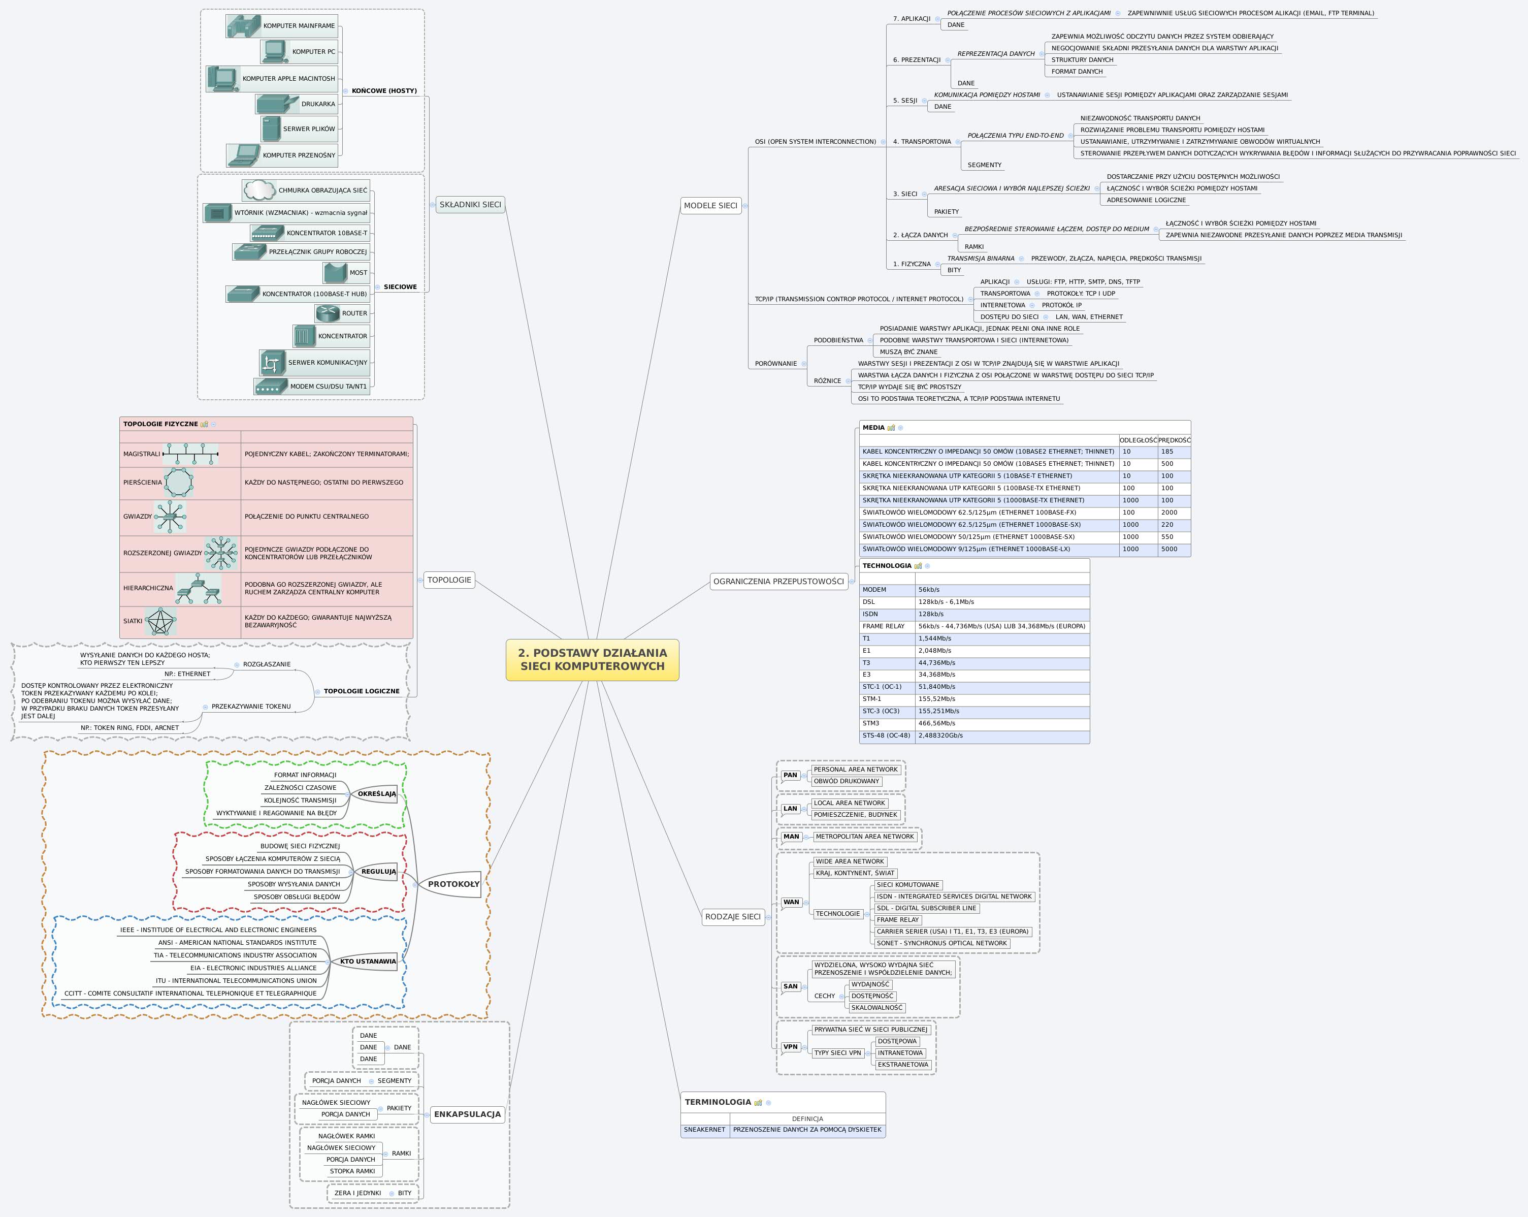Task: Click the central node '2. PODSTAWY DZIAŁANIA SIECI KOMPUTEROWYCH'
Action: [592, 659]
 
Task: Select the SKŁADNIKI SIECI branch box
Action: [470, 205]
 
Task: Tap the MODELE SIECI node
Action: [710, 206]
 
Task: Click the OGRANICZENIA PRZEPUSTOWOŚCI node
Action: [778, 581]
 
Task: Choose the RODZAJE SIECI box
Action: [733, 916]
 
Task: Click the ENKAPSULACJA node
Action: [467, 1113]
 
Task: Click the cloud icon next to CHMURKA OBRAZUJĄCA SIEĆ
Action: [259, 190]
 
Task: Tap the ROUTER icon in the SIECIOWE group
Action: [328, 312]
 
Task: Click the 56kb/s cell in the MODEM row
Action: [929, 590]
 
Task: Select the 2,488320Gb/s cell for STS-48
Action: [940, 735]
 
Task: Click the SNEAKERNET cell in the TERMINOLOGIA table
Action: [704, 1130]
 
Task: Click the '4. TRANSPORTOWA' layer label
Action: [921, 142]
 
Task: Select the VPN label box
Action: [790, 1047]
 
